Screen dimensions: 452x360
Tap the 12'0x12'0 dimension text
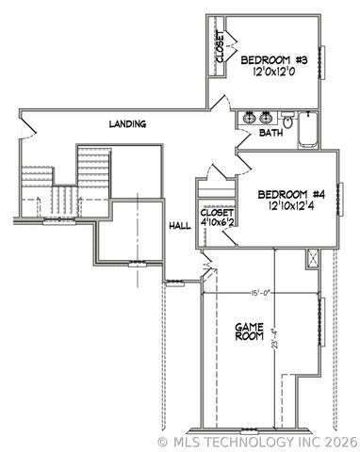[270, 74]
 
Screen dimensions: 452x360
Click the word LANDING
[127, 123]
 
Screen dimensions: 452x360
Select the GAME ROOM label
[247, 331]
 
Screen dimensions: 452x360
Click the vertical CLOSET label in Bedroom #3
[220, 48]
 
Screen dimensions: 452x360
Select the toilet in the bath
[287, 120]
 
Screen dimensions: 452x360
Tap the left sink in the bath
[250, 118]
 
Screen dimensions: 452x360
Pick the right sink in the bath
[267, 118]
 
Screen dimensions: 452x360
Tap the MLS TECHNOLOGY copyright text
[257, 441]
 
